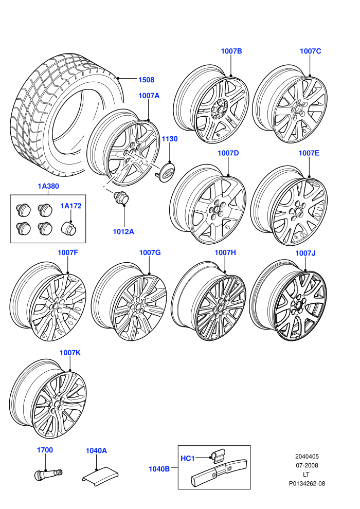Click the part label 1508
[147, 80]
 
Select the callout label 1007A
[149, 96]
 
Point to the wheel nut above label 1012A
[121, 198]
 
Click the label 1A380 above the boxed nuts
[48, 186]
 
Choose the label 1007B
[231, 51]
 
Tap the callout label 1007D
[228, 153]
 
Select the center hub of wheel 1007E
[297, 211]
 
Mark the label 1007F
[68, 252]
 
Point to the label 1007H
[225, 252]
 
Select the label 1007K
[70, 353]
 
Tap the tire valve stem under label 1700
[48, 474]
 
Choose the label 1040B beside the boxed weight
[159, 469]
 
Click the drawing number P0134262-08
[307, 483]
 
